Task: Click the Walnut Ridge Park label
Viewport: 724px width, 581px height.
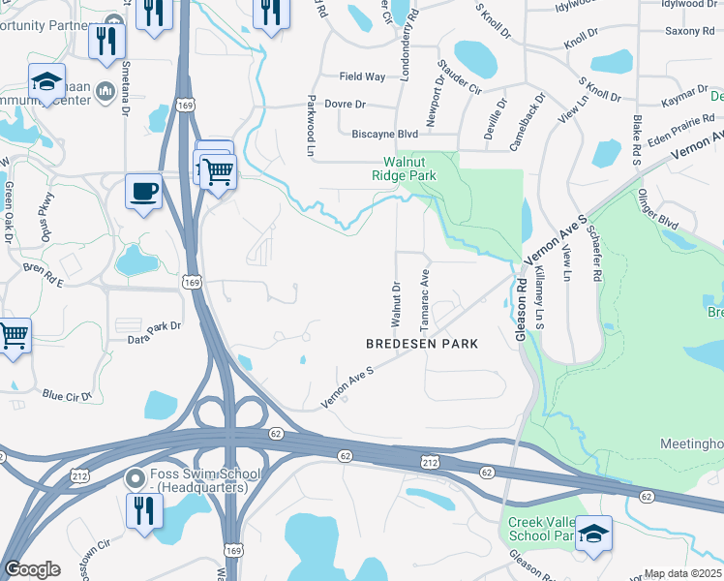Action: pos(405,168)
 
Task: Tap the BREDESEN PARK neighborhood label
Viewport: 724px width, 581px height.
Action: pos(421,344)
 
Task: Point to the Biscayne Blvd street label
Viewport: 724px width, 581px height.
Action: pos(385,135)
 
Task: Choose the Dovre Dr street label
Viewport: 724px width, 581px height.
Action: pos(345,105)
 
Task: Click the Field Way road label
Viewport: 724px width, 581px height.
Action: pos(362,76)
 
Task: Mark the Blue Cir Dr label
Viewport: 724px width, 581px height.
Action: pos(67,395)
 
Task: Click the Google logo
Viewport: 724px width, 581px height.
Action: pos(32,569)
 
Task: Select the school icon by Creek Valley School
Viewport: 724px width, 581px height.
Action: pos(593,534)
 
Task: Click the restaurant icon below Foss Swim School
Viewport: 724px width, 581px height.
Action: pos(143,510)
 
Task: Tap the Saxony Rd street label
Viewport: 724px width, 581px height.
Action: pos(688,31)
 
